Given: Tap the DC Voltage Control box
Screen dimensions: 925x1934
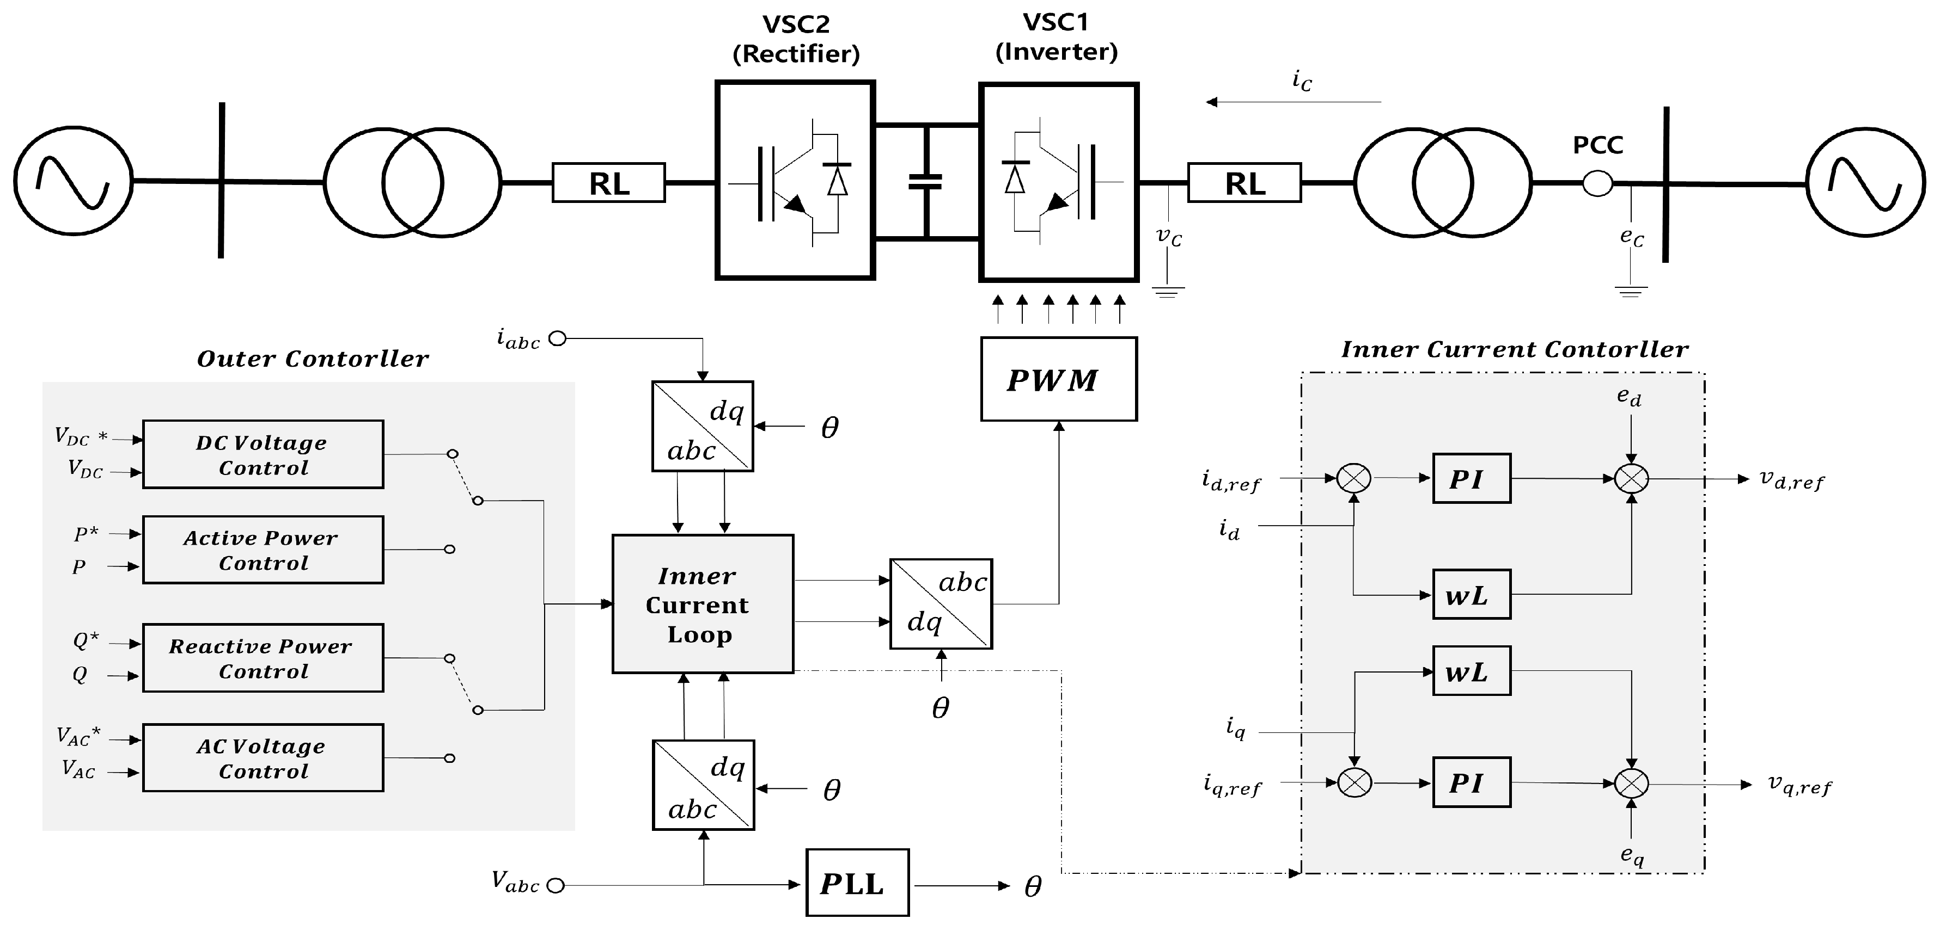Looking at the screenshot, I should point(263,455).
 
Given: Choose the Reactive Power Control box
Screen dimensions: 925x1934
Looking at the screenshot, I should point(263,658).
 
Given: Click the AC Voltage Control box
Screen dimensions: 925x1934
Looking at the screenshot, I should point(263,758).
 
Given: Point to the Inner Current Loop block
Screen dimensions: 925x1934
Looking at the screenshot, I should point(702,604).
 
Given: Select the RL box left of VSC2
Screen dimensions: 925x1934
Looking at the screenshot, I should point(609,183).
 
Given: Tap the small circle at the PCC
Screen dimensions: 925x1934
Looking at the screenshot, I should point(1597,183).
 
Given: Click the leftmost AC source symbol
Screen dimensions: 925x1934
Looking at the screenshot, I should point(73,182).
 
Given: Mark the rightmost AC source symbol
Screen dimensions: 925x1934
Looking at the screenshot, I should point(1865,182).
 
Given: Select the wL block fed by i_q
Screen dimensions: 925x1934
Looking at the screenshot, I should point(1471,671).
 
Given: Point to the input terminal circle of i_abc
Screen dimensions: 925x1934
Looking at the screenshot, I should point(557,339).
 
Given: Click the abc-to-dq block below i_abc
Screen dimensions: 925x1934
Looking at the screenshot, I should point(702,426).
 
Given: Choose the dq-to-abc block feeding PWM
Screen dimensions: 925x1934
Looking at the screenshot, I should point(940,603).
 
